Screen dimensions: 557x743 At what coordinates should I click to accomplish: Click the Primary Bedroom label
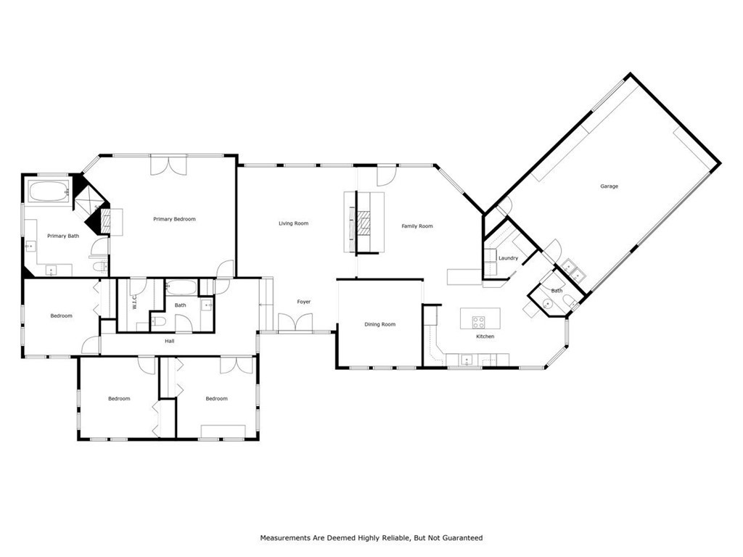point(174,219)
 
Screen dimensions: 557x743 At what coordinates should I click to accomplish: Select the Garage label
point(609,186)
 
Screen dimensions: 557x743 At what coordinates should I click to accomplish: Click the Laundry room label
point(508,258)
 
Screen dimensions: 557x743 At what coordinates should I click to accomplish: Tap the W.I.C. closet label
point(135,303)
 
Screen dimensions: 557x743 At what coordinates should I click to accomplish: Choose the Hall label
point(169,341)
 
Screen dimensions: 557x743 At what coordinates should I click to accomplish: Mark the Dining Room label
point(379,324)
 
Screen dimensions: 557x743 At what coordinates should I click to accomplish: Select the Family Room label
point(417,226)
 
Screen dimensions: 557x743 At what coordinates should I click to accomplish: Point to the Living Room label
point(294,223)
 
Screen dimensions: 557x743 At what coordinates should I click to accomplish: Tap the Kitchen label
point(485,337)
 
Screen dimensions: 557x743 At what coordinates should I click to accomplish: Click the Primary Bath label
point(63,236)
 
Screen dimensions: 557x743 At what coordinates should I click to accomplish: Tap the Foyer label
point(303,302)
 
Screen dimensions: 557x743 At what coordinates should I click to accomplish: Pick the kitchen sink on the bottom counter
point(466,358)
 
